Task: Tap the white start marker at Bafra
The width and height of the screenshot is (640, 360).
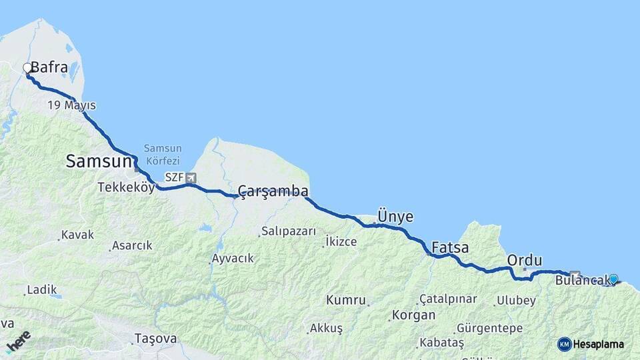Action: (27, 67)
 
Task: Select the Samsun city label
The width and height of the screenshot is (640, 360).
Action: (98, 161)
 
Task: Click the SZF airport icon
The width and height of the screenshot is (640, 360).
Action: (192, 178)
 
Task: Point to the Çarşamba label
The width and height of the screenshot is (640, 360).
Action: (273, 192)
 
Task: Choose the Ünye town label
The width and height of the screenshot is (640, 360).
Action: (395, 217)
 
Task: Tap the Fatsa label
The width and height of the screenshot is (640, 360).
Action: (450, 248)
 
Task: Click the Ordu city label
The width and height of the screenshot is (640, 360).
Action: (525, 260)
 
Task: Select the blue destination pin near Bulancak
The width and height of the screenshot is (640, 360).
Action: (613, 279)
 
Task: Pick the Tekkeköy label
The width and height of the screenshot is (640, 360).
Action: (126, 187)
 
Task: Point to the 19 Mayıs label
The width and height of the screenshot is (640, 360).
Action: (71, 105)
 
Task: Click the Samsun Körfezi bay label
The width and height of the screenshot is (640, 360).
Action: (162, 155)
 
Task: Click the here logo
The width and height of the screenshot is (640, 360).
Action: (18, 341)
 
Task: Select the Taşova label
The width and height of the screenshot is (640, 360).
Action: (155, 338)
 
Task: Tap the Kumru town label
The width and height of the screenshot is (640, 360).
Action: (345, 300)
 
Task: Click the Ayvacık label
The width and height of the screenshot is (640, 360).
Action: (233, 258)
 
